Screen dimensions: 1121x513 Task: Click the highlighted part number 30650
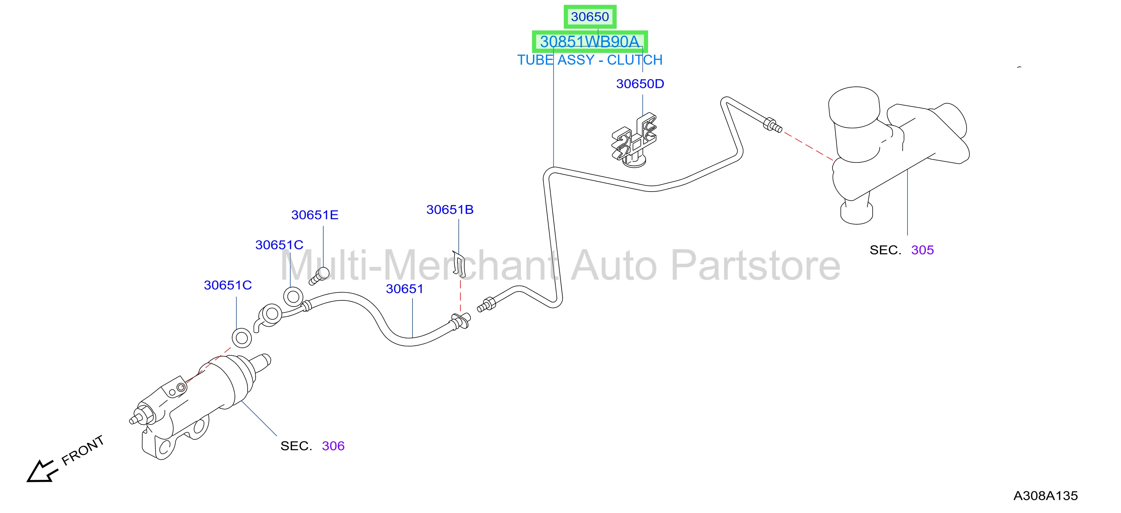point(590,17)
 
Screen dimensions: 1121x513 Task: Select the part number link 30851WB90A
point(590,42)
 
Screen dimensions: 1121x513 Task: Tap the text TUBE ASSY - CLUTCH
point(590,60)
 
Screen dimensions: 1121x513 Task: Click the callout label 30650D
point(640,84)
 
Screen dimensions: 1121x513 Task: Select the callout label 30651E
point(315,215)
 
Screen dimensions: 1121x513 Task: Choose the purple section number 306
point(333,446)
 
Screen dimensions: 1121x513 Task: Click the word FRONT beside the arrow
point(83,450)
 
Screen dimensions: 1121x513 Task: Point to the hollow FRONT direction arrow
point(42,471)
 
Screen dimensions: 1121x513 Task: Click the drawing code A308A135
point(1046,496)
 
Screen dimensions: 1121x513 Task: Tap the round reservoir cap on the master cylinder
point(854,107)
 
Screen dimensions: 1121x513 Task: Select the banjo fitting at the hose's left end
point(269,317)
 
